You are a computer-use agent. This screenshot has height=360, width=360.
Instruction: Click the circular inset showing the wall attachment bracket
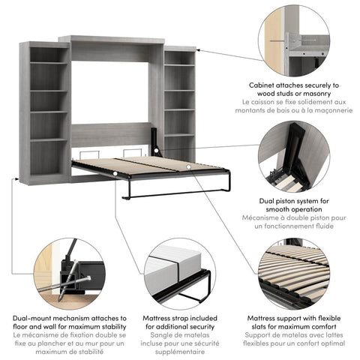293,40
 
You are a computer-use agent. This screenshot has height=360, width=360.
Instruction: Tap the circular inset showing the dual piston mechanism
293,157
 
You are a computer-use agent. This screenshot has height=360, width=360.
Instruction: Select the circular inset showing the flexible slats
293,273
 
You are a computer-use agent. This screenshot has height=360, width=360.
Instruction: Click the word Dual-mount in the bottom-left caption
37,319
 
